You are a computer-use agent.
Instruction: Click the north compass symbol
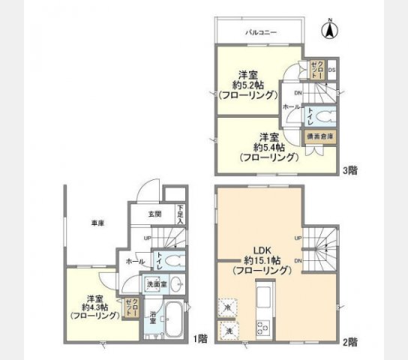tap(328, 31)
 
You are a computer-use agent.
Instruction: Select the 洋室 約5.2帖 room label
tap(247, 84)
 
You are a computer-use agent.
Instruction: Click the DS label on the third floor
tap(331, 71)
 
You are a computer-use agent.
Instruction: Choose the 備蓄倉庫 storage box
tap(320, 136)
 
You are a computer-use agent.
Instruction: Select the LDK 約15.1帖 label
tap(262, 259)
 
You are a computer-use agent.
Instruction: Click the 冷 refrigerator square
tap(226, 307)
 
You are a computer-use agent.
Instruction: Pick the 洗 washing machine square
tap(226, 329)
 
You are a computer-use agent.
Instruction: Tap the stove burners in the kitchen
tap(264, 327)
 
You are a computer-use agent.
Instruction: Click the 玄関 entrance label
tap(154, 214)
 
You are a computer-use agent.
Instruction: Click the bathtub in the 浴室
tap(172, 318)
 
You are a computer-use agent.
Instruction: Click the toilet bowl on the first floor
tap(173, 262)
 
